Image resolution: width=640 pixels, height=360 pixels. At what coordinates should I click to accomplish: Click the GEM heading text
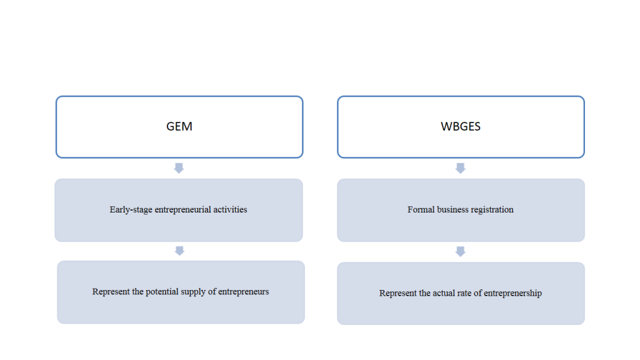tap(179, 126)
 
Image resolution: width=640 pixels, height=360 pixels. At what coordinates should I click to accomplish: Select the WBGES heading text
tap(461, 126)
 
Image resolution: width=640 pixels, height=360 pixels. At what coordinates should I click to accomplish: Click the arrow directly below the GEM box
tap(179, 168)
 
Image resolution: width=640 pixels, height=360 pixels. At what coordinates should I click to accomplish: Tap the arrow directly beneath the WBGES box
tap(461, 168)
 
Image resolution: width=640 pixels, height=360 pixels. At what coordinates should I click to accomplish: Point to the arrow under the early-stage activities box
tap(179, 251)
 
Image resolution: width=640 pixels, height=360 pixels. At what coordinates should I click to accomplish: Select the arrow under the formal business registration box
tap(461, 251)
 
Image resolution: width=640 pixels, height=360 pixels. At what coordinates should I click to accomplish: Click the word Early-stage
tap(131, 210)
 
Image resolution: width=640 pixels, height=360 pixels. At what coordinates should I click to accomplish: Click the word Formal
tap(421, 209)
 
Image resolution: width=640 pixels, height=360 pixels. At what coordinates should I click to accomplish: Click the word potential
tap(162, 292)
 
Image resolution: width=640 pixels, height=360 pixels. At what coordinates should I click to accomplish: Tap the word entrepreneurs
tap(243, 292)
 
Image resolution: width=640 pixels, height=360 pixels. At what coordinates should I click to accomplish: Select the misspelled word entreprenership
tap(512, 294)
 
